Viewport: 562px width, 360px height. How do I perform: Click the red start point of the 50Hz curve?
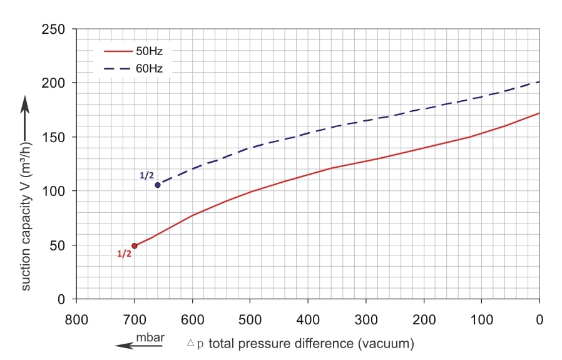(x=135, y=245)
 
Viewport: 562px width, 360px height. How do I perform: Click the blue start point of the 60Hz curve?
(x=158, y=185)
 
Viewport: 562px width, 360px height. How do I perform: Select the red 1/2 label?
(x=125, y=254)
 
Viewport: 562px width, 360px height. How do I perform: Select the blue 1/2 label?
(x=146, y=176)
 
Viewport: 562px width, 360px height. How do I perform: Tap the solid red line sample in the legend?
(x=116, y=51)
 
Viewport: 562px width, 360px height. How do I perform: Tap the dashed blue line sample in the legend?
(x=116, y=68)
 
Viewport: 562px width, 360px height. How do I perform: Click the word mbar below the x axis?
(x=150, y=338)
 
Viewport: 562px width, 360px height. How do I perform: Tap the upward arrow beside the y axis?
(x=26, y=119)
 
